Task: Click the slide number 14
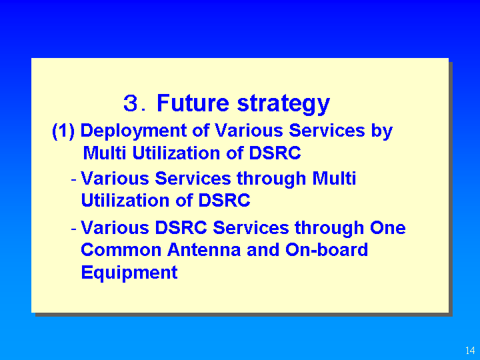tap(470, 350)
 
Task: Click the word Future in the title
tap(193, 103)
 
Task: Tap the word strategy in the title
tap(283, 105)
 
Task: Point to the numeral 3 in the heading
tap(131, 103)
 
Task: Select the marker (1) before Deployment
tap(63, 131)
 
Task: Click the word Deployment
tap(133, 131)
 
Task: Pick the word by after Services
tap(382, 131)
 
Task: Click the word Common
tap(121, 249)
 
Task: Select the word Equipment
tap(129, 273)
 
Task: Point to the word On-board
tap(327, 249)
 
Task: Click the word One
tap(388, 228)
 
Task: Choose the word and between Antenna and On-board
tap(263, 249)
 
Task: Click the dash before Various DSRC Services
tap(73, 229)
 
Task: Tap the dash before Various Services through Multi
tap(73, 179)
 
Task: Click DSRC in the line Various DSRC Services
tap(181, 228)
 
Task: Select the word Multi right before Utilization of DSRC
tap(105, 153)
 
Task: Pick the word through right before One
tap(329, 229)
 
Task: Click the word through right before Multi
tap(271, 179)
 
